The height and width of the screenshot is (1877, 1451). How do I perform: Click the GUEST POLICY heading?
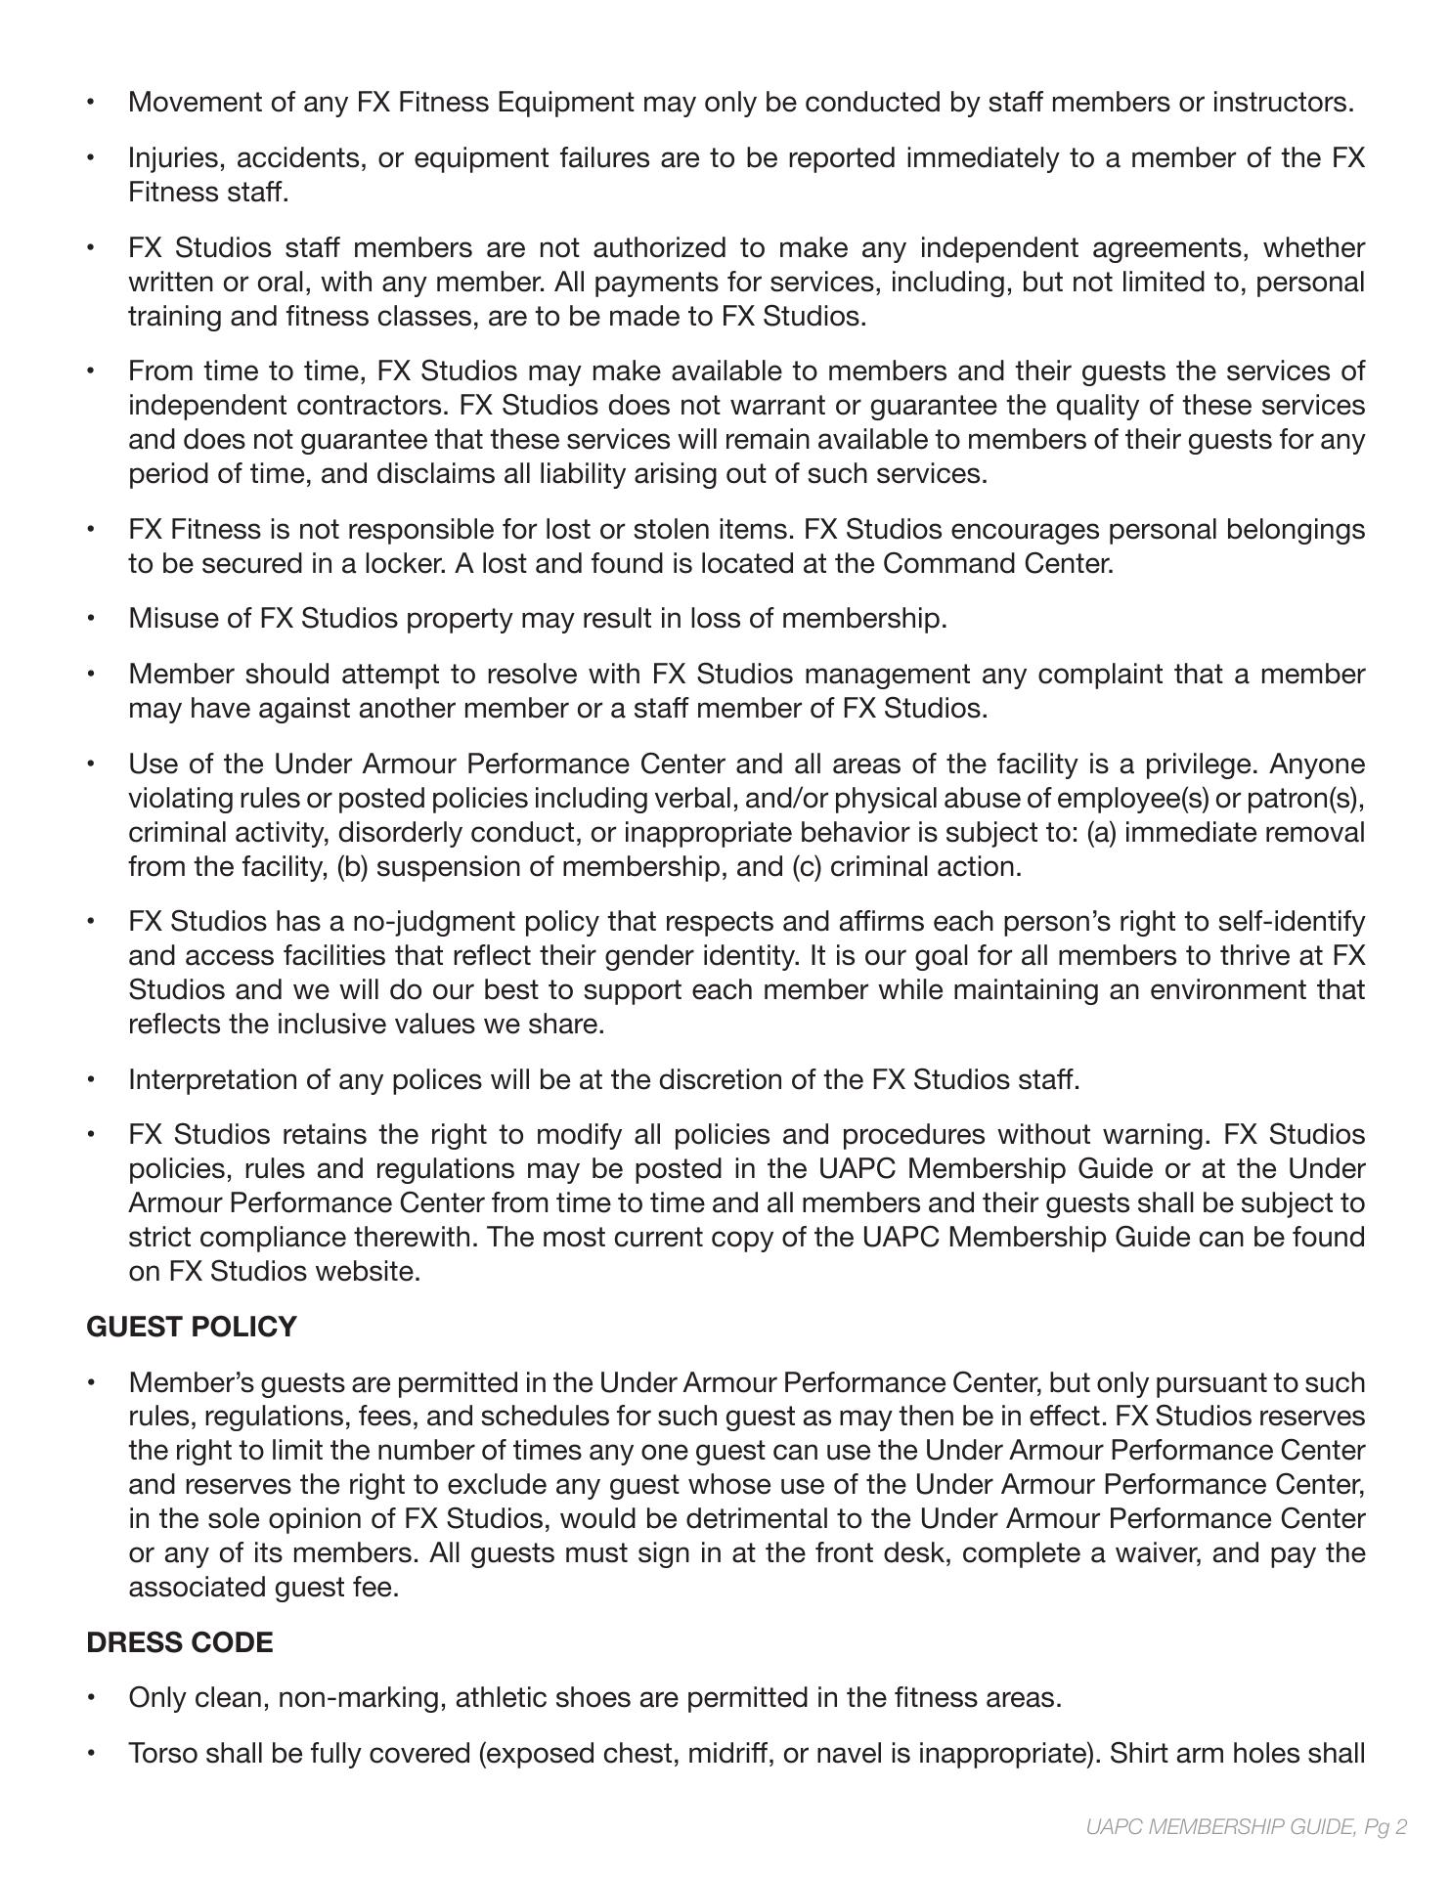192,1327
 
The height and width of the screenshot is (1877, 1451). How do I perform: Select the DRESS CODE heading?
180,1642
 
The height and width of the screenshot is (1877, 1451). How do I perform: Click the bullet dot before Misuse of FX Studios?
91,618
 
